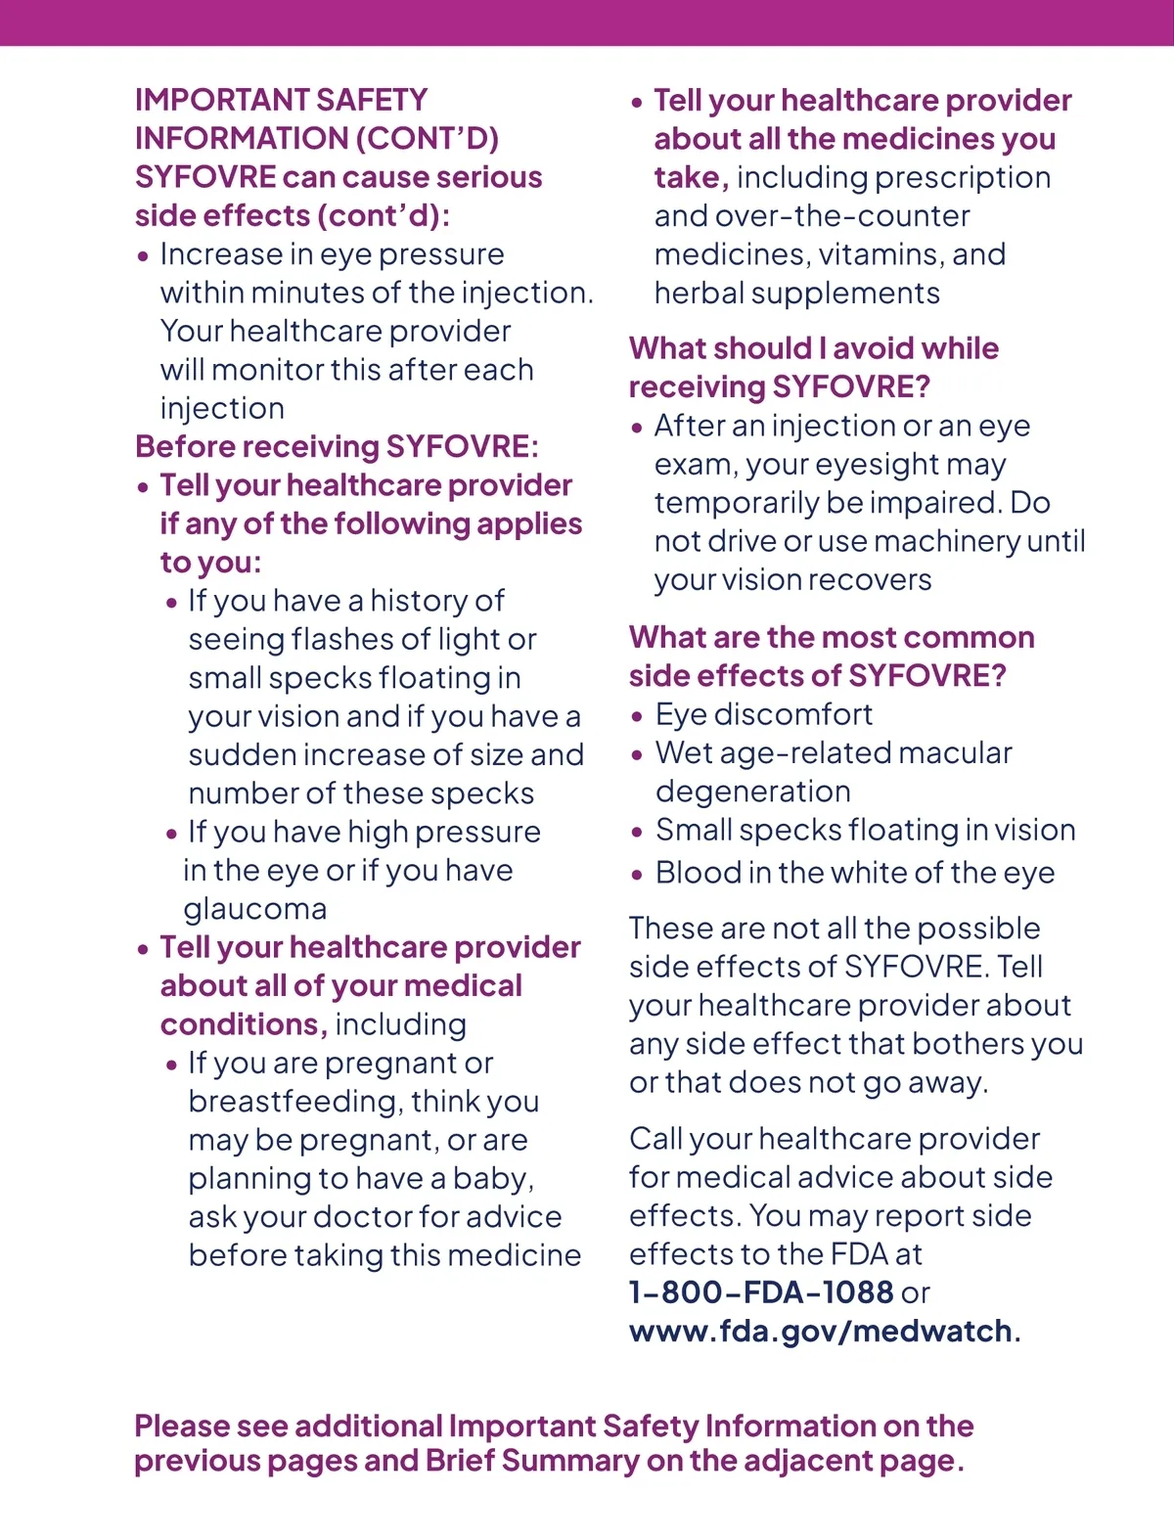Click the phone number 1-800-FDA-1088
761,1292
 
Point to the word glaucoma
255,909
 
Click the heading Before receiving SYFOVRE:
337,447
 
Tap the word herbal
696,294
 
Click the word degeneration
753,792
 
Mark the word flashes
359,640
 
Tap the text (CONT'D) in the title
427,139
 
